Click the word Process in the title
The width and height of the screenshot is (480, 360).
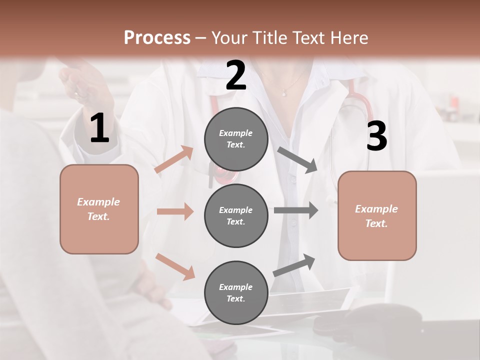[157, 38]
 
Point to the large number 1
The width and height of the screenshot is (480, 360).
[99, 128]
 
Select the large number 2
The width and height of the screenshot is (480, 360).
[236, 75]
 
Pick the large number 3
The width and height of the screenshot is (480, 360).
[376, 136]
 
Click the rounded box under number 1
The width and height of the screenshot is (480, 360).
[99, 209]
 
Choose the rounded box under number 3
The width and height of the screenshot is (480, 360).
[377, 215]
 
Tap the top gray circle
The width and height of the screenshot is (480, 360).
[236, 139]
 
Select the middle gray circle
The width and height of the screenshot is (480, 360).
[236, 215]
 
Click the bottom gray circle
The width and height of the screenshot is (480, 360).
[236, 292]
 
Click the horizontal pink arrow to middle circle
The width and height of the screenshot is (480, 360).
[175, 211]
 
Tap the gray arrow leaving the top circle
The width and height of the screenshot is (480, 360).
[297, 159]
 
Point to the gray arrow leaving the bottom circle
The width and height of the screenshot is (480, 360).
[294, 265]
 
